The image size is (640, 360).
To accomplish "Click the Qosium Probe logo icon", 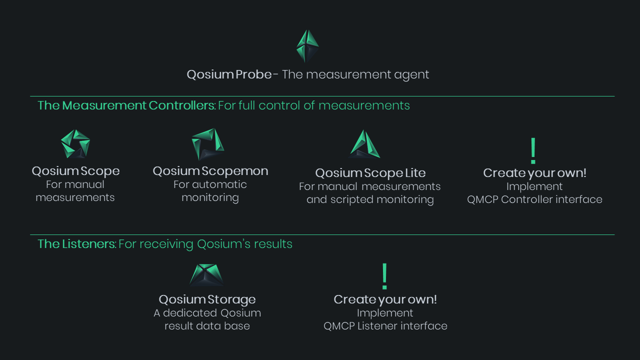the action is pyautogui.click(x=307, y=46).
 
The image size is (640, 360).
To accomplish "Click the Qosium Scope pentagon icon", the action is pyautogui.click(x=75, y=143).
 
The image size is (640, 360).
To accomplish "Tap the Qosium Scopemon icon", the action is pyautogui.click(x=208, y=144).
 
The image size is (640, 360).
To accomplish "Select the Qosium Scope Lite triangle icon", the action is pyautogui.click(x=364, y=144).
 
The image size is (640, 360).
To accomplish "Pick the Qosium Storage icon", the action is pyautogui.click(x=206, y=275).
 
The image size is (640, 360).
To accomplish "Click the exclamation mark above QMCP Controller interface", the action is pyautogui.click(x=533, y=151).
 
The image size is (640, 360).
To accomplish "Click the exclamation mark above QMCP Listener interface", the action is pyautogui.click(x=384, y=276).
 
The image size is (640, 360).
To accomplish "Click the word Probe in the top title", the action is pyautogui.click(x=253, y=75).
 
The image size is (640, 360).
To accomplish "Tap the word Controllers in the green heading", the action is pyautogui.click(x=181, y=105).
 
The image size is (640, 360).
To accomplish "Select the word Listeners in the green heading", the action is pyautogui.click(x=89, y=244).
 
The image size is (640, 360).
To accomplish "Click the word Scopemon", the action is pyautogui.click(x=235, y=171).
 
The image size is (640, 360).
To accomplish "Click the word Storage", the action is pyautogui.click(x=231, y=300).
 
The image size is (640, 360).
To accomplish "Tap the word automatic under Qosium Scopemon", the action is pyautogui.click(x=219, y=184).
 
